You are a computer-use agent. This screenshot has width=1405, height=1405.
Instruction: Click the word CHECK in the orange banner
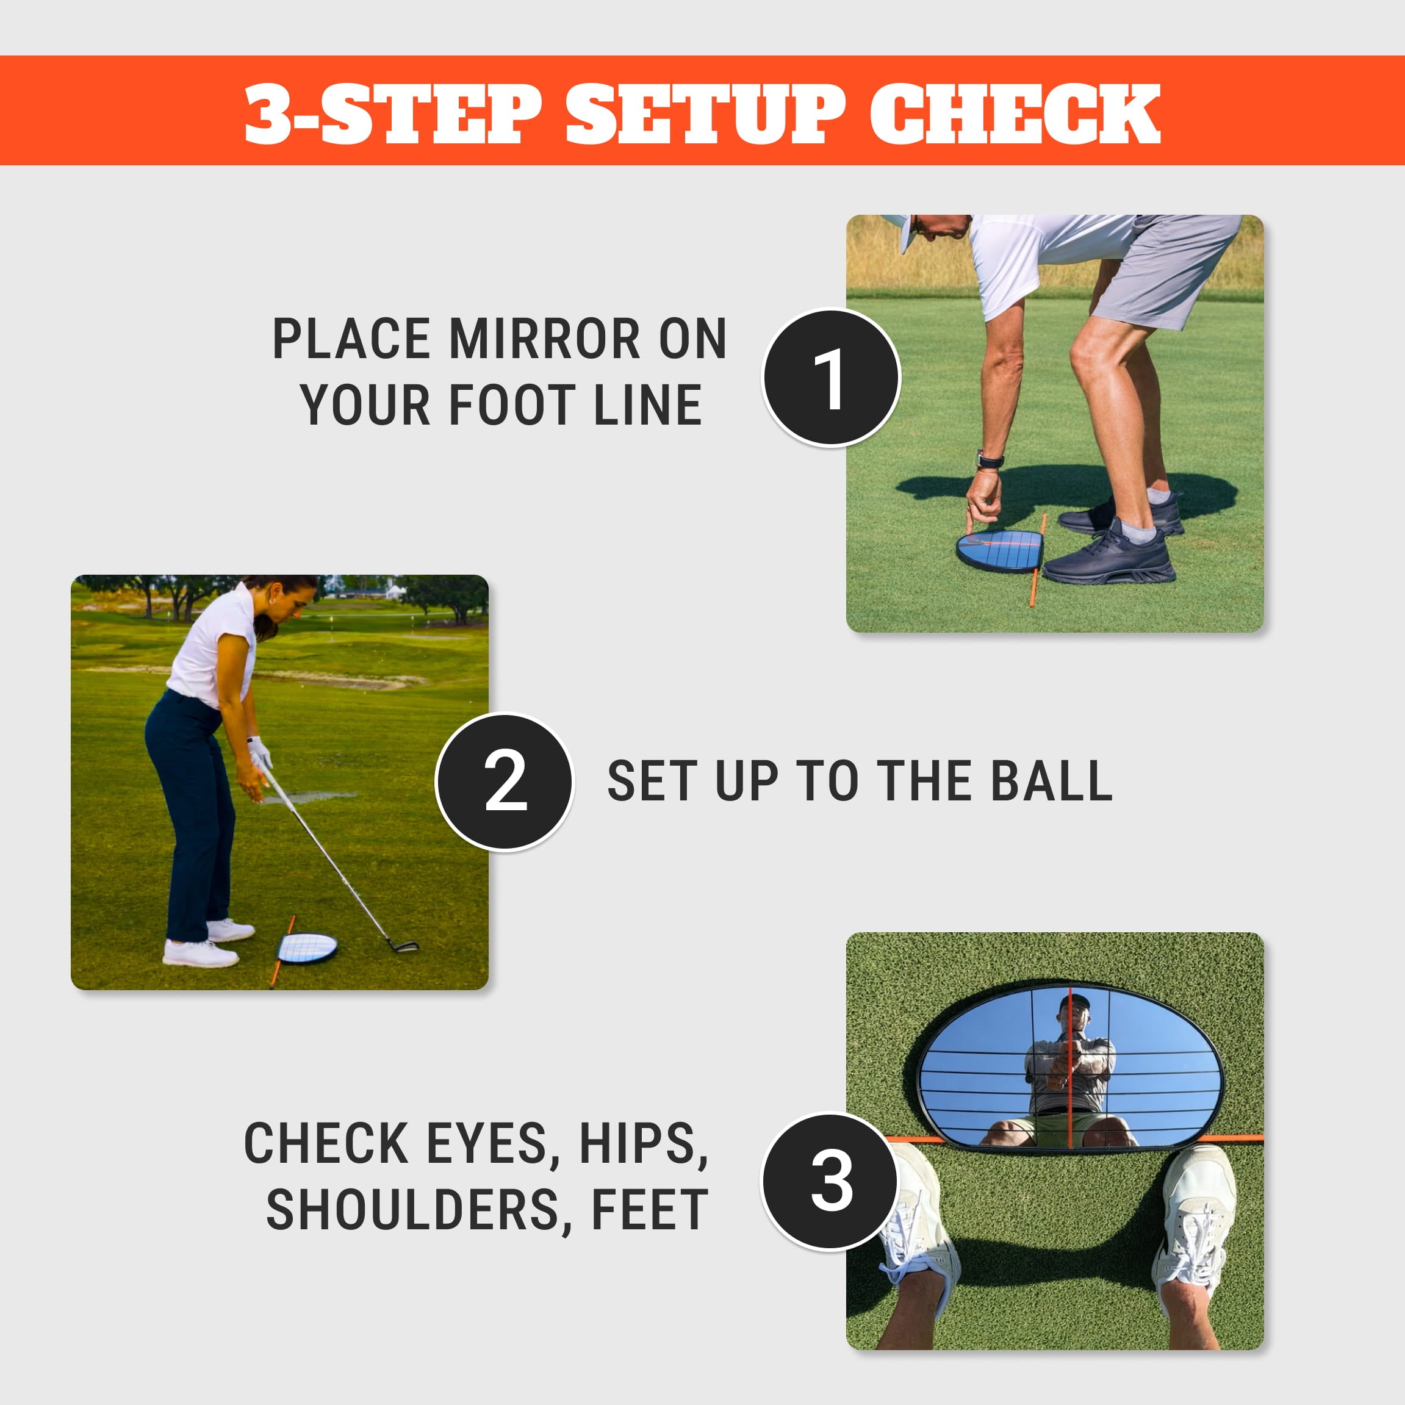(1015, 113)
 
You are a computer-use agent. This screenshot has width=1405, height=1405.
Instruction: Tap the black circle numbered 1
(831, 378)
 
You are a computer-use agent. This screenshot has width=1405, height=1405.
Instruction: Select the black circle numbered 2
(505, 781)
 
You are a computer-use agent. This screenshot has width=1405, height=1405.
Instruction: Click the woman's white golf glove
(260, 753)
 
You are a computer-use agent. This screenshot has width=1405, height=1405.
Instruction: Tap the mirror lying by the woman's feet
(307, 948)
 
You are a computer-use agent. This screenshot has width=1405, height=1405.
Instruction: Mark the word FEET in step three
(649, 1211)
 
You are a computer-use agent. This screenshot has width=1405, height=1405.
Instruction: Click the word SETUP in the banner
(705, 113)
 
